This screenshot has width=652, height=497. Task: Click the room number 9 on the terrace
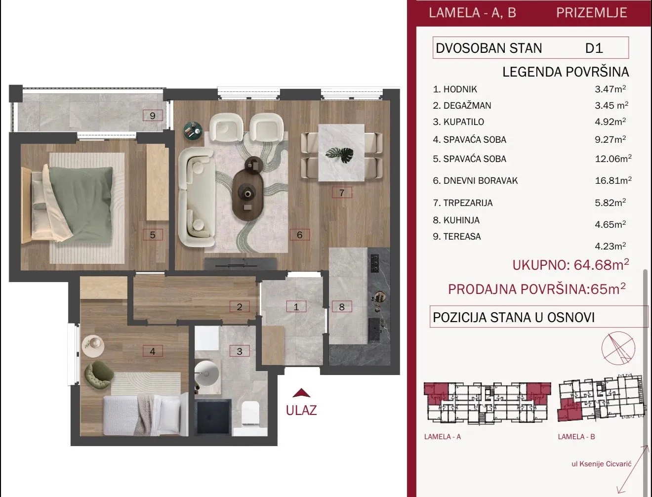tap(153, 115)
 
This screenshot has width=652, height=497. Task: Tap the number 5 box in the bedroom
tap(153, 235)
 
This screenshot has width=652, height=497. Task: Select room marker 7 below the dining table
tap(342, 193)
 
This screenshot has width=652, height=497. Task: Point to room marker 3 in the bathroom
tap(240, 351)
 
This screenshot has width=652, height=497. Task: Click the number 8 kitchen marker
tap(342, 307)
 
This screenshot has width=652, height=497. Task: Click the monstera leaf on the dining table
tap(339, 155)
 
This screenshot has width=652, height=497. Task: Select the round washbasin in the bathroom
tap(207, 373)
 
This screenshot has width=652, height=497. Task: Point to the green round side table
tap(193, 130)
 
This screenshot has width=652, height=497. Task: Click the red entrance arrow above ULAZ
tap(301, 393)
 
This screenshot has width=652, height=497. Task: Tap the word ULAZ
tap(301, 410)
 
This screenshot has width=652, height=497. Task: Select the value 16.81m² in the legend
tap(613, 180)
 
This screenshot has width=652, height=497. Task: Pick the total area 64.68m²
tap(601, 264)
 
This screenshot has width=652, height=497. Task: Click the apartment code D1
tap(594, 48)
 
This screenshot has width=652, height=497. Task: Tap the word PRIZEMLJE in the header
tap(592, 12)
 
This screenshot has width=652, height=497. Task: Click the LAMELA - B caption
tap(576, 437)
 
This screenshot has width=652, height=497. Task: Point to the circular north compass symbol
tap(618, 348)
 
